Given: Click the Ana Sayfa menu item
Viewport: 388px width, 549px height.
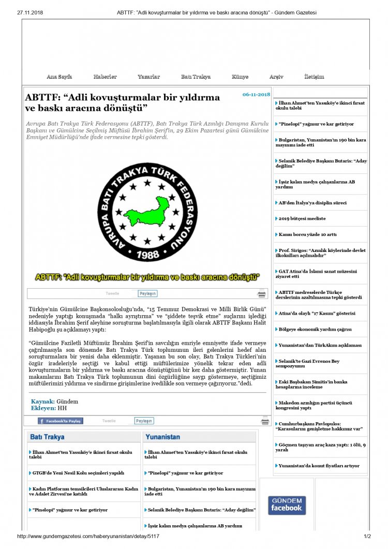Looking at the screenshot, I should tap(59, 77).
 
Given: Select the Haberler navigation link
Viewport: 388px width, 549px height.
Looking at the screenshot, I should tap(105, 77).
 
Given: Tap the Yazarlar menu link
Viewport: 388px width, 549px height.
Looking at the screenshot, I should tap(148, 77).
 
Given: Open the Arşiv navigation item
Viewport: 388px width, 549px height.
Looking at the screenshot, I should tap(276, 77).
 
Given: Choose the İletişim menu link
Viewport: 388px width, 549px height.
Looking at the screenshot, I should tap(314, 77).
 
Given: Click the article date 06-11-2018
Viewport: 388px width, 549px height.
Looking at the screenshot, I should tap(256, 94).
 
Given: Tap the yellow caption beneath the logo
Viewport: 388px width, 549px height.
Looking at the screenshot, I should tap(147, 277).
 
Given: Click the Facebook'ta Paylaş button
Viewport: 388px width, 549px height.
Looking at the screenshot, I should tap(60, 421).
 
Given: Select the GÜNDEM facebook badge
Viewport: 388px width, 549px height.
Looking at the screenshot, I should tap(287, 505).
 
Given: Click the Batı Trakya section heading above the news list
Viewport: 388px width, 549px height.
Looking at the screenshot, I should tap(47, 437).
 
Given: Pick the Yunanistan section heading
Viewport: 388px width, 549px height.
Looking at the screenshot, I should tap(162, 437).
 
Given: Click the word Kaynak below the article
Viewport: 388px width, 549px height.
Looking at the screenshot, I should tap(42, 402).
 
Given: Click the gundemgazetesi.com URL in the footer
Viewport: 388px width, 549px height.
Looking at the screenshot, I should tap(88, 536).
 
